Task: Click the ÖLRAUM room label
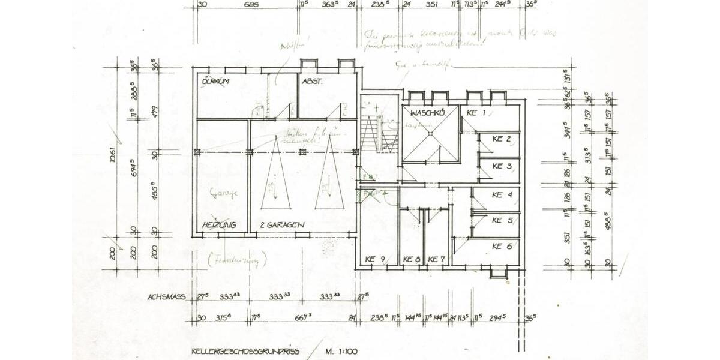217,81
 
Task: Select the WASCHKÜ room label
427,113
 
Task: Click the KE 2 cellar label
502,139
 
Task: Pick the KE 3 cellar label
502,166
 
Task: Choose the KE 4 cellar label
502,194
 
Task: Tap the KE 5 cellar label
502,220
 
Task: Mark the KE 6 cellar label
502,246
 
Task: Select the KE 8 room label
412,259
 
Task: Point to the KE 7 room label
436,259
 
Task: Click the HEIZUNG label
219,224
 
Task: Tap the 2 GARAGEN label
282,224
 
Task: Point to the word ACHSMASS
166,296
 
